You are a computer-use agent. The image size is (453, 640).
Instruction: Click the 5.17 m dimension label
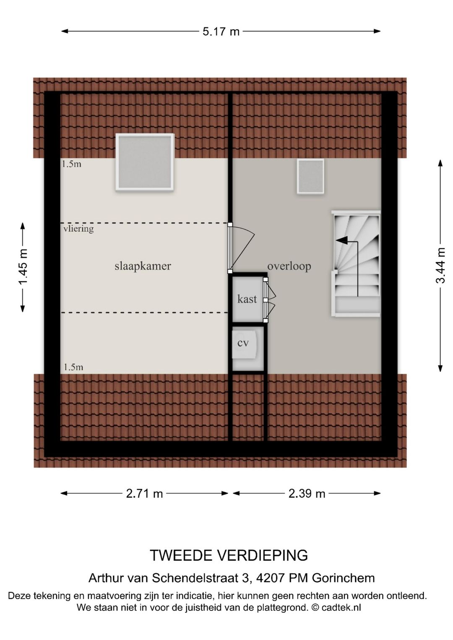tap(221, 31)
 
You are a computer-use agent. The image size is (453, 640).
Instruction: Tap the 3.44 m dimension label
tap(440, 265)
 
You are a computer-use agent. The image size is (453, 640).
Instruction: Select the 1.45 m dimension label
tap(23, 267)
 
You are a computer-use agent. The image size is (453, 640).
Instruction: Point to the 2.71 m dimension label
tap(144, 494)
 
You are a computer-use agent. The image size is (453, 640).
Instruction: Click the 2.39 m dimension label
tap(307, 494)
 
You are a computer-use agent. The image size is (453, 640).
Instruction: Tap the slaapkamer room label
tap(143, 266)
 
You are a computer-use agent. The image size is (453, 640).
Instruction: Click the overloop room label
tap(289, 266)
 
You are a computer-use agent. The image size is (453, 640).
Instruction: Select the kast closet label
tap(247, 299)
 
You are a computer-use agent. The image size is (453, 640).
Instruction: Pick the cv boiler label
tap(243, 343)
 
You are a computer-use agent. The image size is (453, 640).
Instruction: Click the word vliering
tap(78, 229)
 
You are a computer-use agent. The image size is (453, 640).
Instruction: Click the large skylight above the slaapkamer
tap(145, 162)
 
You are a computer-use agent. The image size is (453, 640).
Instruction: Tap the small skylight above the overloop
tap(310, 176)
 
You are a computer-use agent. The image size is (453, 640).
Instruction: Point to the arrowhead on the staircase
tap(341, 240)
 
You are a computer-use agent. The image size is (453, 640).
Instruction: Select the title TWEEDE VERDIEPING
tap(229, 555)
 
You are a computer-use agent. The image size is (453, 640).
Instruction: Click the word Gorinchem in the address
tap(343, 578)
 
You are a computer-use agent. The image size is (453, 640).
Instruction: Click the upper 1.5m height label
tap(72, 164)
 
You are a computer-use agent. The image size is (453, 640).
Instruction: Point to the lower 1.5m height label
tap(73, 367)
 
